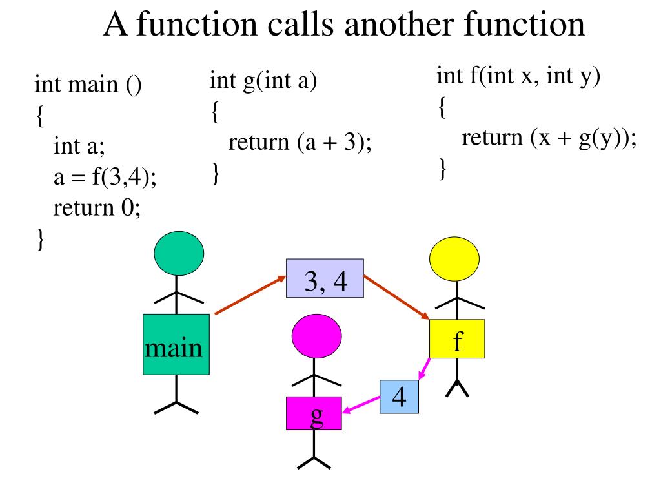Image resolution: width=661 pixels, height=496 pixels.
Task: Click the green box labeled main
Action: point(176,344)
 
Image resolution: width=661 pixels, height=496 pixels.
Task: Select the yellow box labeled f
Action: point(457,338)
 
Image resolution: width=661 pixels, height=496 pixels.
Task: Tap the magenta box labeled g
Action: point(314,413)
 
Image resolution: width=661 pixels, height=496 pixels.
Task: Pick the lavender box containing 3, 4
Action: point(325,278)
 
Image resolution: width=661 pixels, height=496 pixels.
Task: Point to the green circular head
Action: point(179,253)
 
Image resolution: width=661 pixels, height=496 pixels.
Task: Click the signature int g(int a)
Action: point(263,82)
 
